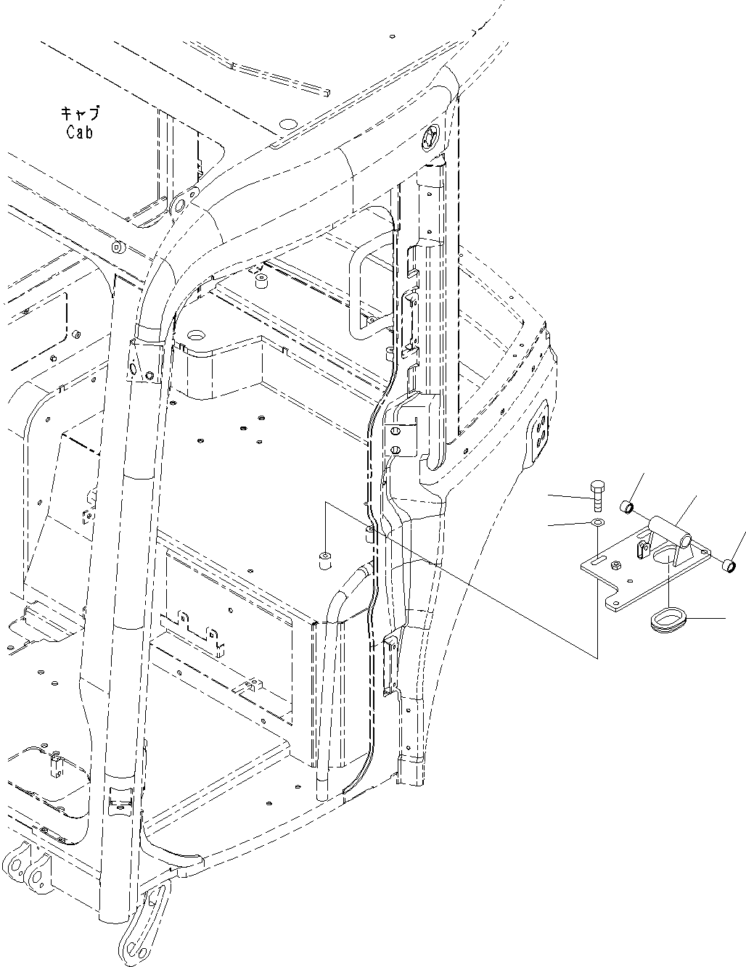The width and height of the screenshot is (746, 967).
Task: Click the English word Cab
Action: coord(79,133)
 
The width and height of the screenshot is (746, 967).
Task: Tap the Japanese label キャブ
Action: coord(79,114)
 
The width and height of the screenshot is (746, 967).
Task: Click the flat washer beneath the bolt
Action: coord(597,523)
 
